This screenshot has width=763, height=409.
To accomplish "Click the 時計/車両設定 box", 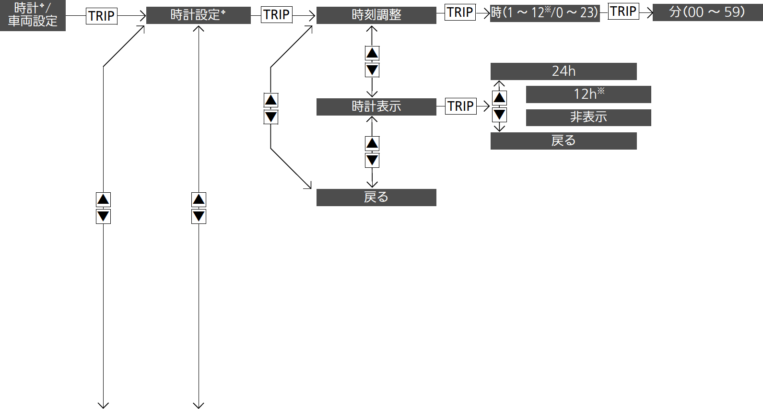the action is pos(33,15).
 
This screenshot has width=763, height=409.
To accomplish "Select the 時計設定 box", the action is pos(198,15).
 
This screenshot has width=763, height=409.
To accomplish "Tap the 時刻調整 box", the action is pos(376,15).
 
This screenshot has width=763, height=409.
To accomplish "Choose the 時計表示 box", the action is pos(376,107).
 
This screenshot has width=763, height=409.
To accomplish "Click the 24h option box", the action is pos(563,71).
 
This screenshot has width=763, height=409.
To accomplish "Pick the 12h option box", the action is pos(588,94).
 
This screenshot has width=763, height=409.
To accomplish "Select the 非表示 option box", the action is pos(588,117).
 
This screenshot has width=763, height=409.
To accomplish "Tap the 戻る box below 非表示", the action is pos(563,141).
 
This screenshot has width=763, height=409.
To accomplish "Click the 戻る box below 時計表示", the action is pos(376,198).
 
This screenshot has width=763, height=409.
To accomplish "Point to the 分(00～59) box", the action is pos(708,12).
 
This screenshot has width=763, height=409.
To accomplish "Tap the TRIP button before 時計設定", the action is pos(102,16).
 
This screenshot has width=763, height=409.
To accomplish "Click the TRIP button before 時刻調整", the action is pos(277,15).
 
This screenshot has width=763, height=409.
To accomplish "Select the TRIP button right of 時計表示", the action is pos(460,106).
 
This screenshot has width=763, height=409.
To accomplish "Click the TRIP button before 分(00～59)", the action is pos(623,11).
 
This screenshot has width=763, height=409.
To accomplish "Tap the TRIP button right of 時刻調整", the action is pos(460,12).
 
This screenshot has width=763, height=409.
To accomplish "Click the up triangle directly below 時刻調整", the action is pos(372,53).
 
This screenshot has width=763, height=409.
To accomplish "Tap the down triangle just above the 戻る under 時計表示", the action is pos(372,160).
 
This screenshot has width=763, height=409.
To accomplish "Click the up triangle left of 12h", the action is pos(499,98).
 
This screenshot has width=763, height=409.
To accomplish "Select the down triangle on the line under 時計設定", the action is pos(199,216).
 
